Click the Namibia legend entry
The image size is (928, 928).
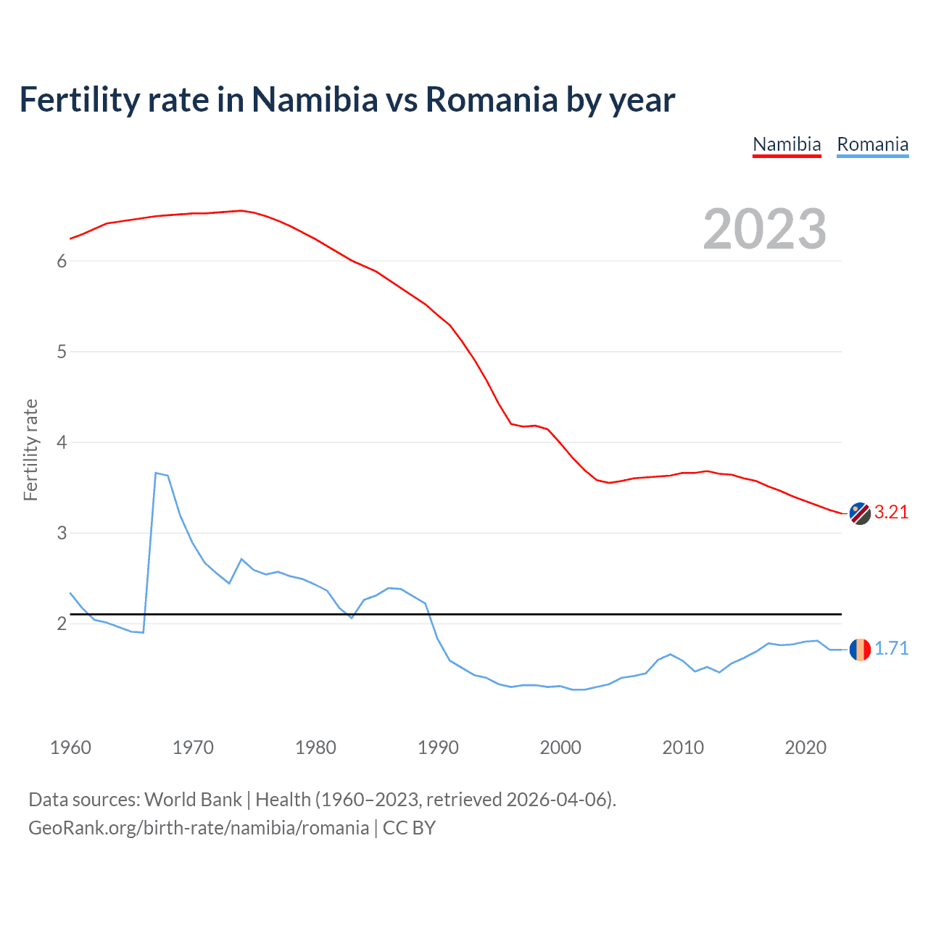point(787,144)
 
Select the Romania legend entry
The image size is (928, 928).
point(872,144)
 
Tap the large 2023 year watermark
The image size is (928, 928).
point(765,229)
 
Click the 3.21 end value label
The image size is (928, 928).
point(891,512)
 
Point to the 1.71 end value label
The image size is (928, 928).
point(891,648)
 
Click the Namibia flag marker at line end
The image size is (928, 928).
point(860,513)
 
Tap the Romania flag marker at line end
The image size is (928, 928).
point(860,649)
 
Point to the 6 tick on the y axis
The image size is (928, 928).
point(62,262)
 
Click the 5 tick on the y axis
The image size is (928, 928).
point(62,352)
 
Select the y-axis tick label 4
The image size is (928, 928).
point(62,442)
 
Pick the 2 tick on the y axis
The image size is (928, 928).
point(62,623)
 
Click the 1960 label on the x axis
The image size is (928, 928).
point(70,747)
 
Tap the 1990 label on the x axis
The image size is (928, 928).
point(438,747)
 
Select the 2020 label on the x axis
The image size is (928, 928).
point(805,747)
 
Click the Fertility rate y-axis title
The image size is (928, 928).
point(30,449)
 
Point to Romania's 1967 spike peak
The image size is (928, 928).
point(156,473)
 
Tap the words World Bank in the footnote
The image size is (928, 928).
point(193,800)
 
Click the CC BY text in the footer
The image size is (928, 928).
point(409,828)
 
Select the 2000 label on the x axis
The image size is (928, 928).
point(560,747)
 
